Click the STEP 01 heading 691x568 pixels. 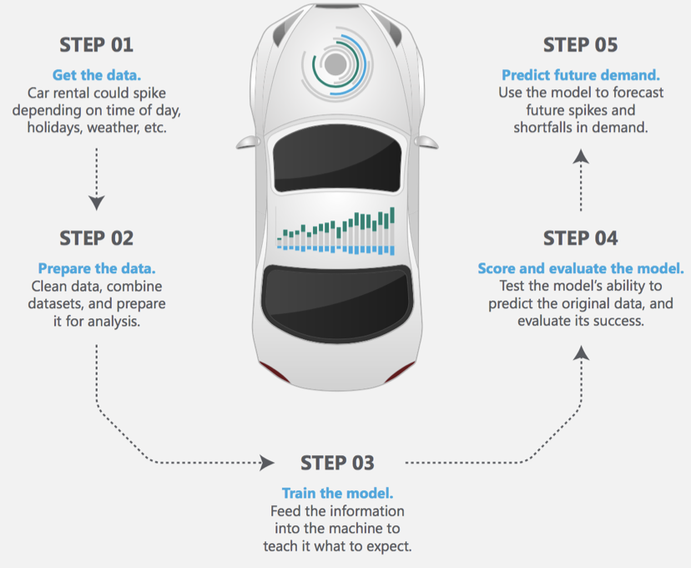coord(97,44)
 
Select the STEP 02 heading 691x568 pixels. coord(97,238)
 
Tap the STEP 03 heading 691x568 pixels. coord(337,463)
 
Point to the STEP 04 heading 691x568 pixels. coord(581,238)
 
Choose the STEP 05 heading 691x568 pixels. coord(581,44)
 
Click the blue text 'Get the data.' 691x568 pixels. coord(97,74)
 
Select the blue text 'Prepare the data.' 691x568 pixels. coord(97,269)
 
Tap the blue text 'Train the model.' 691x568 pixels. coord(337,493)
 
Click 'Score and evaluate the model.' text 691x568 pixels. coord(581,269)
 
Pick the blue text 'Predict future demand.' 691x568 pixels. coord(581,74)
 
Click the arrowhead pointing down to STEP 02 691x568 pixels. coord(97,202)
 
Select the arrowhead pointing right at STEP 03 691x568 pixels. coord(267,462)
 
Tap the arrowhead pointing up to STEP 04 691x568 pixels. coord(582,354)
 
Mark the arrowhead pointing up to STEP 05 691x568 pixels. coord(582,156)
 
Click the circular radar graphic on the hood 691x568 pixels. coord(337,63)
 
